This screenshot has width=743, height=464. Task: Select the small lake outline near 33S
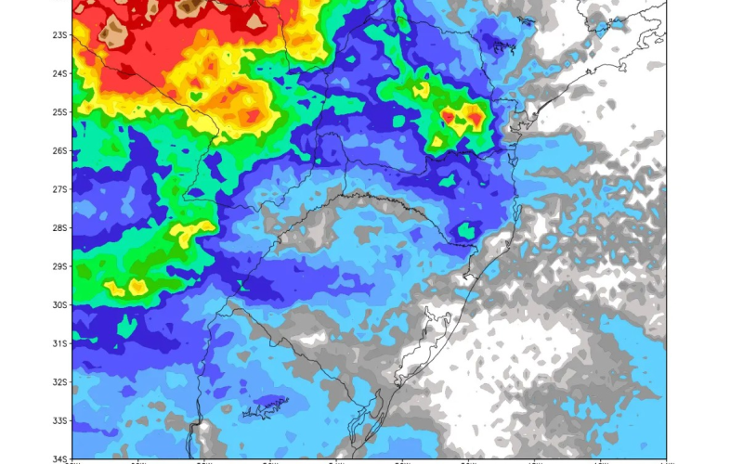265,406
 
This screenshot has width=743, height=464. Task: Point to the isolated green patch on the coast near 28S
466,229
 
